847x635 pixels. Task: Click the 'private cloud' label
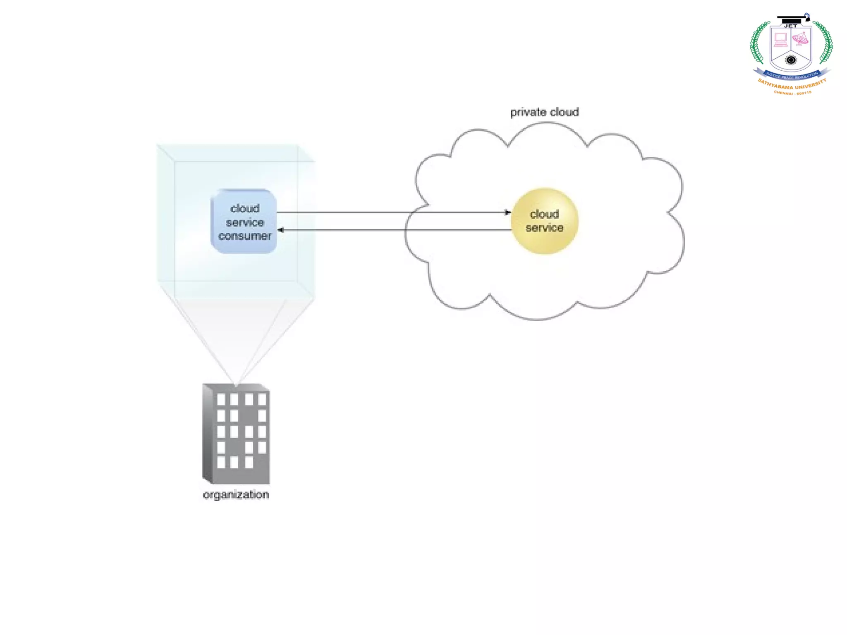(x=544, y=112)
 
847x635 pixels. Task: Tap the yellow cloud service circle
(x=544, y=221)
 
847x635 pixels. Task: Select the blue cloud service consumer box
(x=244, y=222)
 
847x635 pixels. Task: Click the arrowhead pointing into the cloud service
(x=508, y=212)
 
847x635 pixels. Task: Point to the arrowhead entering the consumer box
(x=280, y=230)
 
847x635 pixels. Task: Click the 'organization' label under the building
(x=236, y=495)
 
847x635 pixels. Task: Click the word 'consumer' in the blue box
(x=245, y=236)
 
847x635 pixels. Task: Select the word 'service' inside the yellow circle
(x=544, y=228)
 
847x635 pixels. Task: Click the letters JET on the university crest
(x=791, y=26)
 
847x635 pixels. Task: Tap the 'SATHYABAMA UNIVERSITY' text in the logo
(x=792, y=85)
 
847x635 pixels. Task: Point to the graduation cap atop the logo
(x=792, y=19)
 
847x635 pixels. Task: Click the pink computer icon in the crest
(x=781, y=40)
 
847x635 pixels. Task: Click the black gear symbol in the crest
(x=791, y=60)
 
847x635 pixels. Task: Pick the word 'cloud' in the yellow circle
(x=544, y=214)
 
